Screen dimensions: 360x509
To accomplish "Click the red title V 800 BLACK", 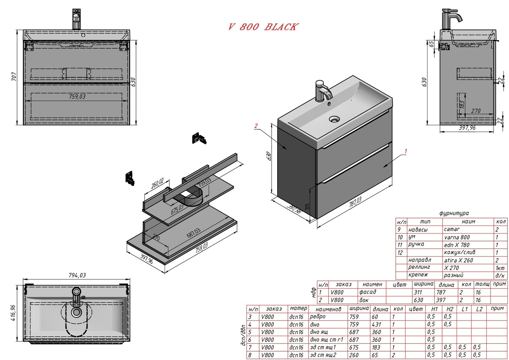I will point(262,27).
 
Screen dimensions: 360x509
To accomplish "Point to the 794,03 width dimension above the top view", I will point(77,275).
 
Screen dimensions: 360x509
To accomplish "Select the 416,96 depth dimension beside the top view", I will point(14,311).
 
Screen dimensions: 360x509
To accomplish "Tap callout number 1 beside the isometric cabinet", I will point(406,151).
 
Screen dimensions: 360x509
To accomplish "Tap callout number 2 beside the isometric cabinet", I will point(256,126).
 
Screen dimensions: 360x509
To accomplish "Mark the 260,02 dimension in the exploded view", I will point(157,184).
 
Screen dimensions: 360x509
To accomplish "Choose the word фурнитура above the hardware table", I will point(454,213).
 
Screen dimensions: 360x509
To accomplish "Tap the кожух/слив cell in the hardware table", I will point(460,252).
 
